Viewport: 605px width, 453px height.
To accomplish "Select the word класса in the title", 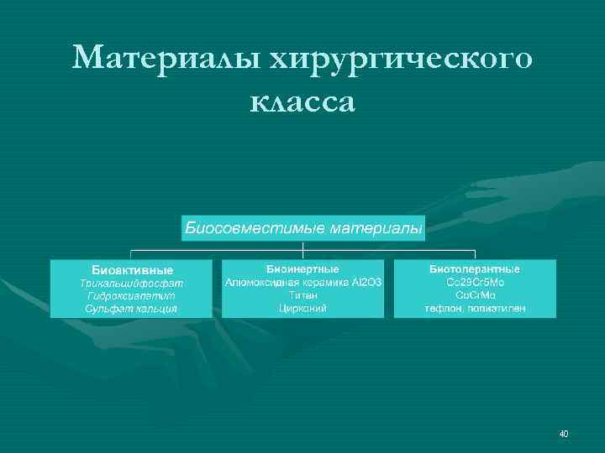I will tap(302, 102).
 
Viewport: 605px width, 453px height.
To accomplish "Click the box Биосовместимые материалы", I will tap(303, 227).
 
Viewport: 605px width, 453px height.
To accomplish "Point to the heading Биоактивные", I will tap(132, 270).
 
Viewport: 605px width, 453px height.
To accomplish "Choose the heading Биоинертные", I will tap(302, 269).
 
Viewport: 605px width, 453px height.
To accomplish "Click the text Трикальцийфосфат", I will tap(132, 284).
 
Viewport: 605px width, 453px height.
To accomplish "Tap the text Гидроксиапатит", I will tap(132, 296).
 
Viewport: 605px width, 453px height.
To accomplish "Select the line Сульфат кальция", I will tap(132, 309).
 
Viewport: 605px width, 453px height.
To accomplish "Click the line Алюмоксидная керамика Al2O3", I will tap(302, 283).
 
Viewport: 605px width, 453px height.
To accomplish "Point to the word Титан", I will tap(302, 295).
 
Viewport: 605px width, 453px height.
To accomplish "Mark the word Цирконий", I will tap(302, 308).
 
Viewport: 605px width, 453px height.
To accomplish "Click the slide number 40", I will tap(563, 434).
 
